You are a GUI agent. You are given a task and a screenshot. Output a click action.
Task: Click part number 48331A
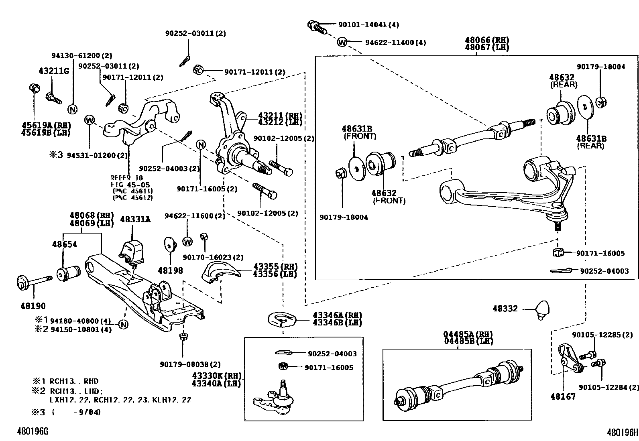(135, 219)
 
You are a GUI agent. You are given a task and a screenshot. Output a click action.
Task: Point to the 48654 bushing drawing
(67, 273)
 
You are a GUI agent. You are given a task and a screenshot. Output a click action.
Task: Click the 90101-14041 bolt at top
(317, 26)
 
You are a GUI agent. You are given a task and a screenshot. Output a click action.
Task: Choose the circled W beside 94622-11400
(342, 42)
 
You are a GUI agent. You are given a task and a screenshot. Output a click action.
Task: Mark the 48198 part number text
(170, 270)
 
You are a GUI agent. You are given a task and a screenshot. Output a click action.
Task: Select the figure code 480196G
(32, 431)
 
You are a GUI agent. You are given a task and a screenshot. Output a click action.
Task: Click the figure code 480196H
(622, 432)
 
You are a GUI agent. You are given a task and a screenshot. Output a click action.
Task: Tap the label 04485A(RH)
(468, 334)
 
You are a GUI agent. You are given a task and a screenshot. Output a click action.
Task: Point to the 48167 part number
(563, 396)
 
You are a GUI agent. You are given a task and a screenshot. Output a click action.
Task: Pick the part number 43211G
(54, 71)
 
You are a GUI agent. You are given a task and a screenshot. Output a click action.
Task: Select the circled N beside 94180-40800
(123, 325)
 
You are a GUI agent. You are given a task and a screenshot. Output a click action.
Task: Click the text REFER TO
(127, 178)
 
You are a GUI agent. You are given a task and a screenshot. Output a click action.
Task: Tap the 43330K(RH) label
(216, 376)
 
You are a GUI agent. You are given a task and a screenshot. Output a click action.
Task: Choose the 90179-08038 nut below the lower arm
(183, 336)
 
